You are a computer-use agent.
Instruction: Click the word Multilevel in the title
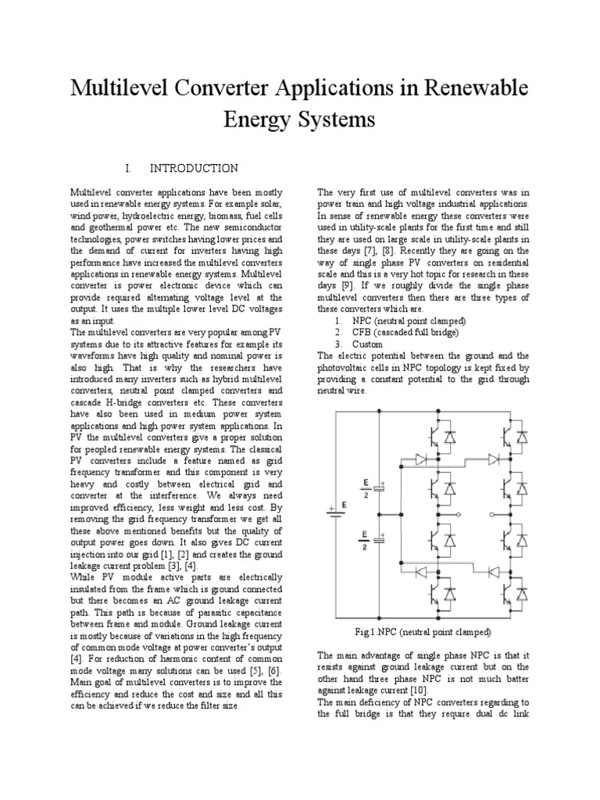coord(120,88)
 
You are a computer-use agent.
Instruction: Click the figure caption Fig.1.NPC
coord(423,630)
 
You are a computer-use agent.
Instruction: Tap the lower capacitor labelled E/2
coord(380,538)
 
